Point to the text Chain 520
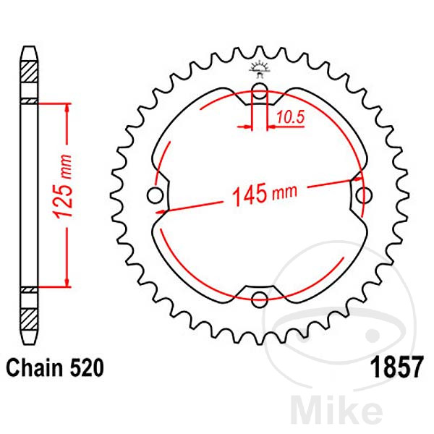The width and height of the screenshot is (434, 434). coord(55,367)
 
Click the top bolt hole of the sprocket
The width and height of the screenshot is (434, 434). coord(260,91)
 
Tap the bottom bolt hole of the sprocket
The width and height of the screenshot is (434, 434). coord(260,298)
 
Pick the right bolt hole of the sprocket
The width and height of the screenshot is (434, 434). coord(365,195)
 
